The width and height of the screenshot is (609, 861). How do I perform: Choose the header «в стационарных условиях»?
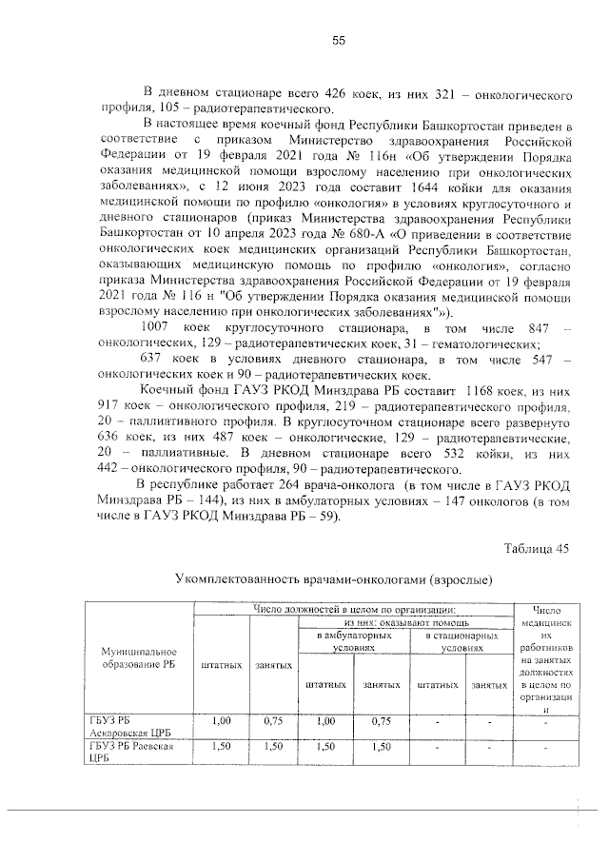(462, 639)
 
